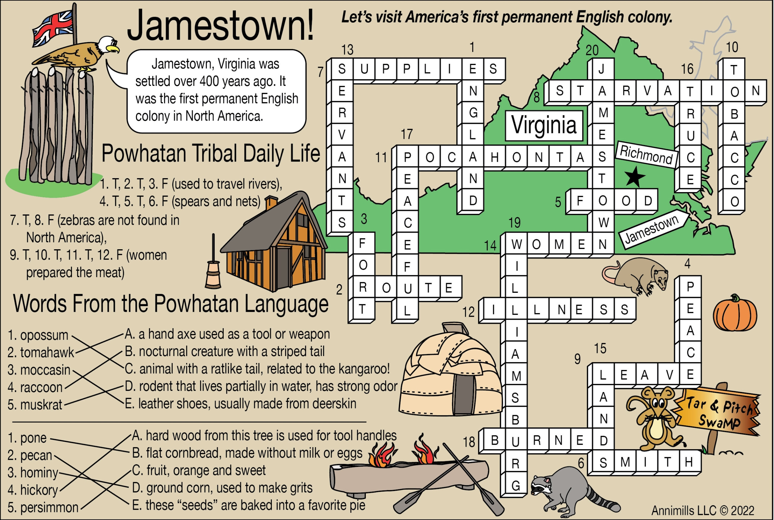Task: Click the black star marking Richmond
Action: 634,177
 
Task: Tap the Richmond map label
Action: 646,155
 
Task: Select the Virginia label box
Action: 544,125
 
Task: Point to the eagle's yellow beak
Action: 114,49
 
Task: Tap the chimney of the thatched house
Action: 271,203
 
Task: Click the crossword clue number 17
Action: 407,134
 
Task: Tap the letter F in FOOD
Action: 580,201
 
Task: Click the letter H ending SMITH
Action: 689,462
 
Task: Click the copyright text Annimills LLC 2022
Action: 703,510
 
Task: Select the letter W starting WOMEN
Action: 516,245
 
